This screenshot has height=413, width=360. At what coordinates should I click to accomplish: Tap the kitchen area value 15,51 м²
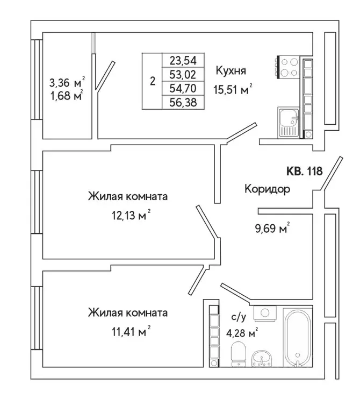click(x=234, y=91)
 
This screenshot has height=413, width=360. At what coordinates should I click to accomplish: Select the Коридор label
click(x=267, y=189)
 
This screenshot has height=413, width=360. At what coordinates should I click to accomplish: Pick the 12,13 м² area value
click(x=128, y=216)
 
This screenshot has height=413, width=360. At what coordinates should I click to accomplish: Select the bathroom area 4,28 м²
click(x=242, y=332)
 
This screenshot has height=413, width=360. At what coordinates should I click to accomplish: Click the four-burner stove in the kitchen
click(x=289, y=68)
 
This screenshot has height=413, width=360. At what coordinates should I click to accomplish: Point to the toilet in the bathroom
click(x=237, y=355)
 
